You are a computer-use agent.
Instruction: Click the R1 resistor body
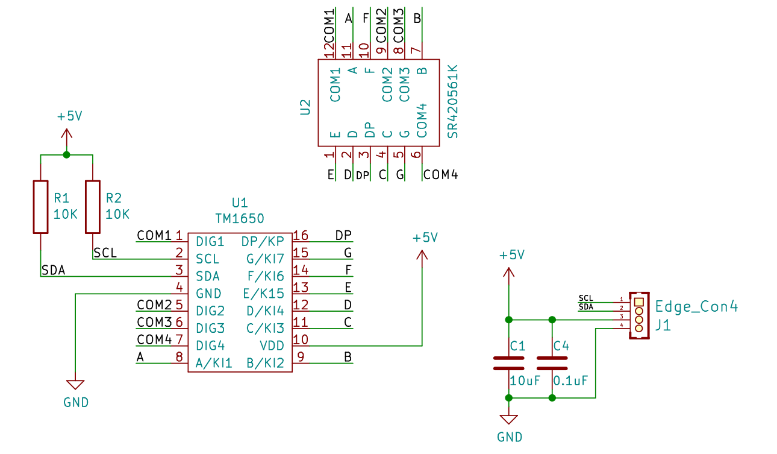(40, 207)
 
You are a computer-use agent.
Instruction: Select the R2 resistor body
(93, 207)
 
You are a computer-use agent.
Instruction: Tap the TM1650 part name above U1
(240, 219)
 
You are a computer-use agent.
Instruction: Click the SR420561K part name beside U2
(453, 102)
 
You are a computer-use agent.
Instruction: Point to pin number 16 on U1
(301, 236)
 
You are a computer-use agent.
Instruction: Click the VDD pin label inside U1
(272, 345)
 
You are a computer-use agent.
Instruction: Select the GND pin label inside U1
(208, 294)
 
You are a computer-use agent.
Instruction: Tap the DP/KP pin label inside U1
(263, 241)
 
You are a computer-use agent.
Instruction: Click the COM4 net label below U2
(440, 175)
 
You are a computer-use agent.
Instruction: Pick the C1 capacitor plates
(509, 363)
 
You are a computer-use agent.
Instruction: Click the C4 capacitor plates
(552, 363)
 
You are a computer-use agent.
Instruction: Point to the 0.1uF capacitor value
(570, 381)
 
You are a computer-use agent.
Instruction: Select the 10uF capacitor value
(525, 381)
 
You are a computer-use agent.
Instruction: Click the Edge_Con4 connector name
(696, 306)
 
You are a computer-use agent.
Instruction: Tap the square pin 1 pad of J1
(639, 302)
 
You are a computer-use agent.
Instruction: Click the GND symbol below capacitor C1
(509, 419)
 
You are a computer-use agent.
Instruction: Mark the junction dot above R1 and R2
(67, 155)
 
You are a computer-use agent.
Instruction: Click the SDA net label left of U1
(54, 270)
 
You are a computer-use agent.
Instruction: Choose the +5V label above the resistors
(70, 116)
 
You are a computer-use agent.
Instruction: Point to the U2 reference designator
(305, 107)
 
